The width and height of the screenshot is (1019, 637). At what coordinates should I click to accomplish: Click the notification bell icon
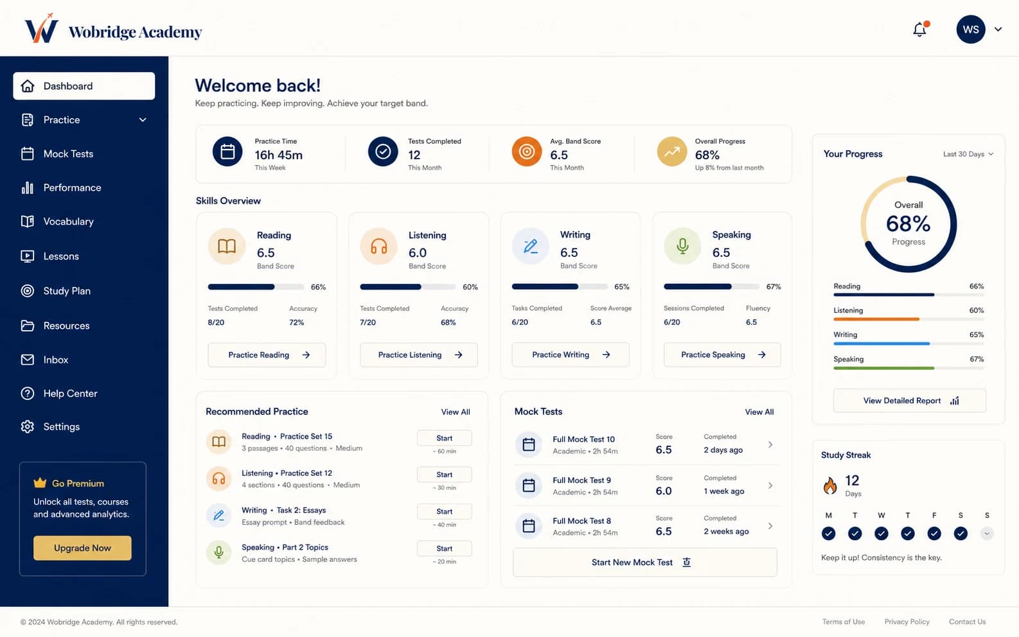[x=920, y=30]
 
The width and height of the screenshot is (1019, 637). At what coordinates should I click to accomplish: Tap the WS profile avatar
[x=970, y=30]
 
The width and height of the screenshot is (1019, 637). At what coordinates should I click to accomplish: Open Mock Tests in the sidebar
[x=68, y=153]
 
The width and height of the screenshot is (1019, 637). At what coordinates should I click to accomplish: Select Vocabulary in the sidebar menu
[x=68, y=222]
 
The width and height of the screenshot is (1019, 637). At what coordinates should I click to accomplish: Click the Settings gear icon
[x=27, y=426]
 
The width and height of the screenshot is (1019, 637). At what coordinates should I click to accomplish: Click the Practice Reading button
[x=267, y=354]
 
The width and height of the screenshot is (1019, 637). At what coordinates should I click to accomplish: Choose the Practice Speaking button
[x=722, y=354]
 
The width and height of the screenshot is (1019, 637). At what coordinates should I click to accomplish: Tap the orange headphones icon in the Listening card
[x=378, y=247]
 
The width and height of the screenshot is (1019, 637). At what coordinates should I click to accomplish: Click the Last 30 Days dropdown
[x=968, y=154]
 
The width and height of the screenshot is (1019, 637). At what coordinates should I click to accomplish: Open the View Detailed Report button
[x=909, y=401]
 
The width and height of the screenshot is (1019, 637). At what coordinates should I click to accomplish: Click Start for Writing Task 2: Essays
[x=444, y=512]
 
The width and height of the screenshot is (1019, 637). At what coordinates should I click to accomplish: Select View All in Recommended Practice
[x=456, y=412]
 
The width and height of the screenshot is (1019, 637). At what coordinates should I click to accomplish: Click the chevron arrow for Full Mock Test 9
[x=770, y=485]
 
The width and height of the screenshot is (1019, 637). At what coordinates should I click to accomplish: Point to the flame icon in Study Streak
[x=829, y=485]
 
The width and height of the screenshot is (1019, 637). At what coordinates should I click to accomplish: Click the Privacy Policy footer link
[x=907, y=622]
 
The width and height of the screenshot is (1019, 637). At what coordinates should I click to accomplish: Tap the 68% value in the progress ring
[x=908, y=223]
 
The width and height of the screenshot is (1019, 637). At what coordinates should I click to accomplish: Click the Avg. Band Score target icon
[x=526, y=152]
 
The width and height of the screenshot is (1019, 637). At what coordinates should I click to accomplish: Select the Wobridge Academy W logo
[x=41, y=28]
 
